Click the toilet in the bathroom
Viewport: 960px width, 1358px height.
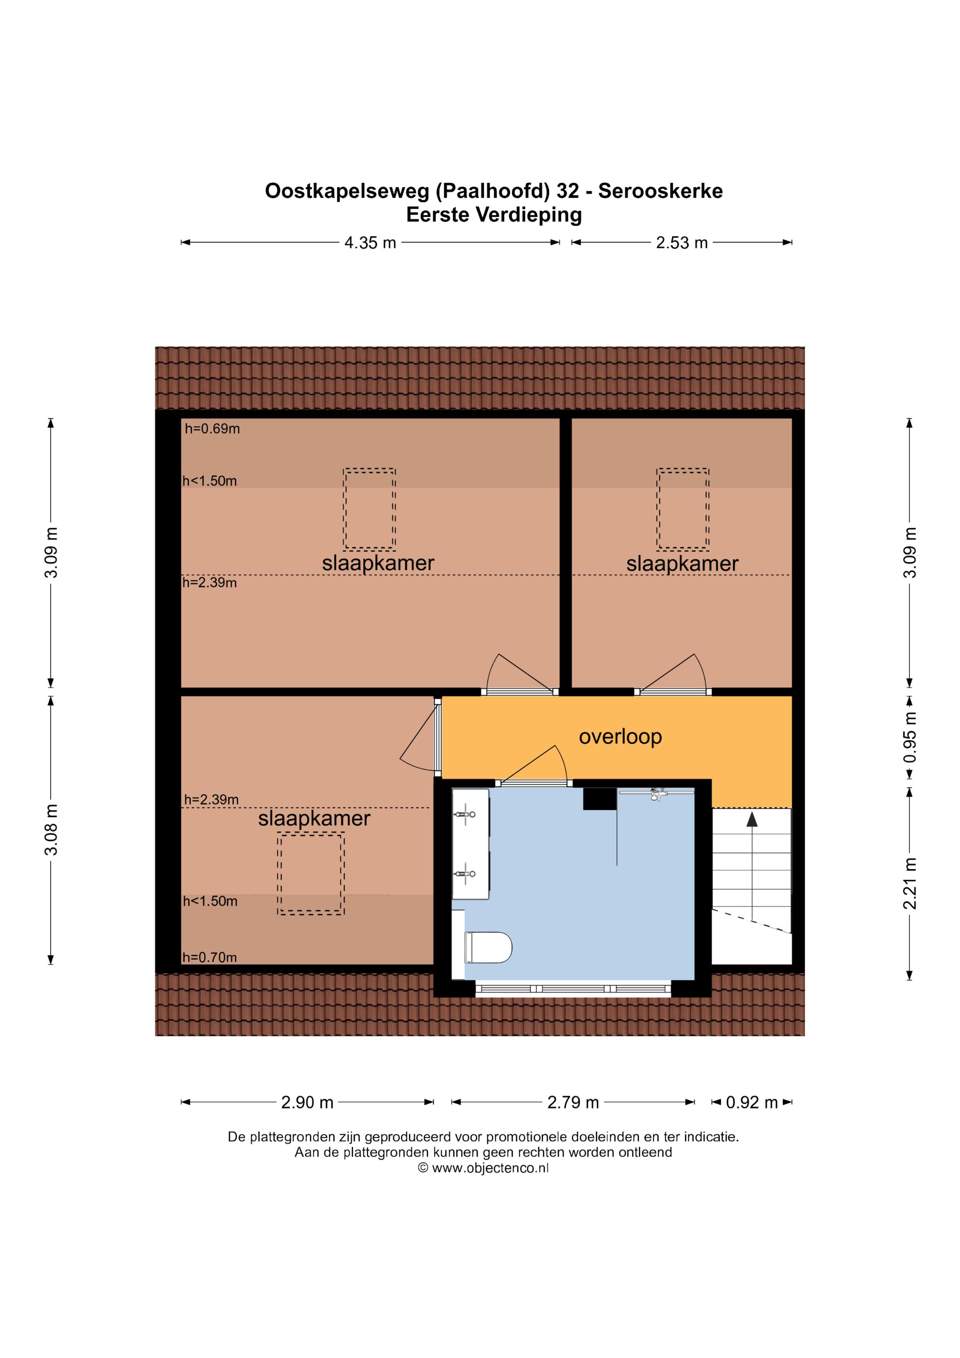[x=488, y=947]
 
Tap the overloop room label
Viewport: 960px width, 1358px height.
[x=620, y=737]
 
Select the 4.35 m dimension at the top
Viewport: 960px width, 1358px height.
[x=370, y=242]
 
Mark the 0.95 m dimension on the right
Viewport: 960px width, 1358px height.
[x=910, y=737]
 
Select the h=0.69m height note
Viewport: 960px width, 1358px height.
[x=212, y=429]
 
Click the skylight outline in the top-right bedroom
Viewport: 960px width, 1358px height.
[x=683, y=509]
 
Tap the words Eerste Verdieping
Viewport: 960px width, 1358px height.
[x=494, y=215]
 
